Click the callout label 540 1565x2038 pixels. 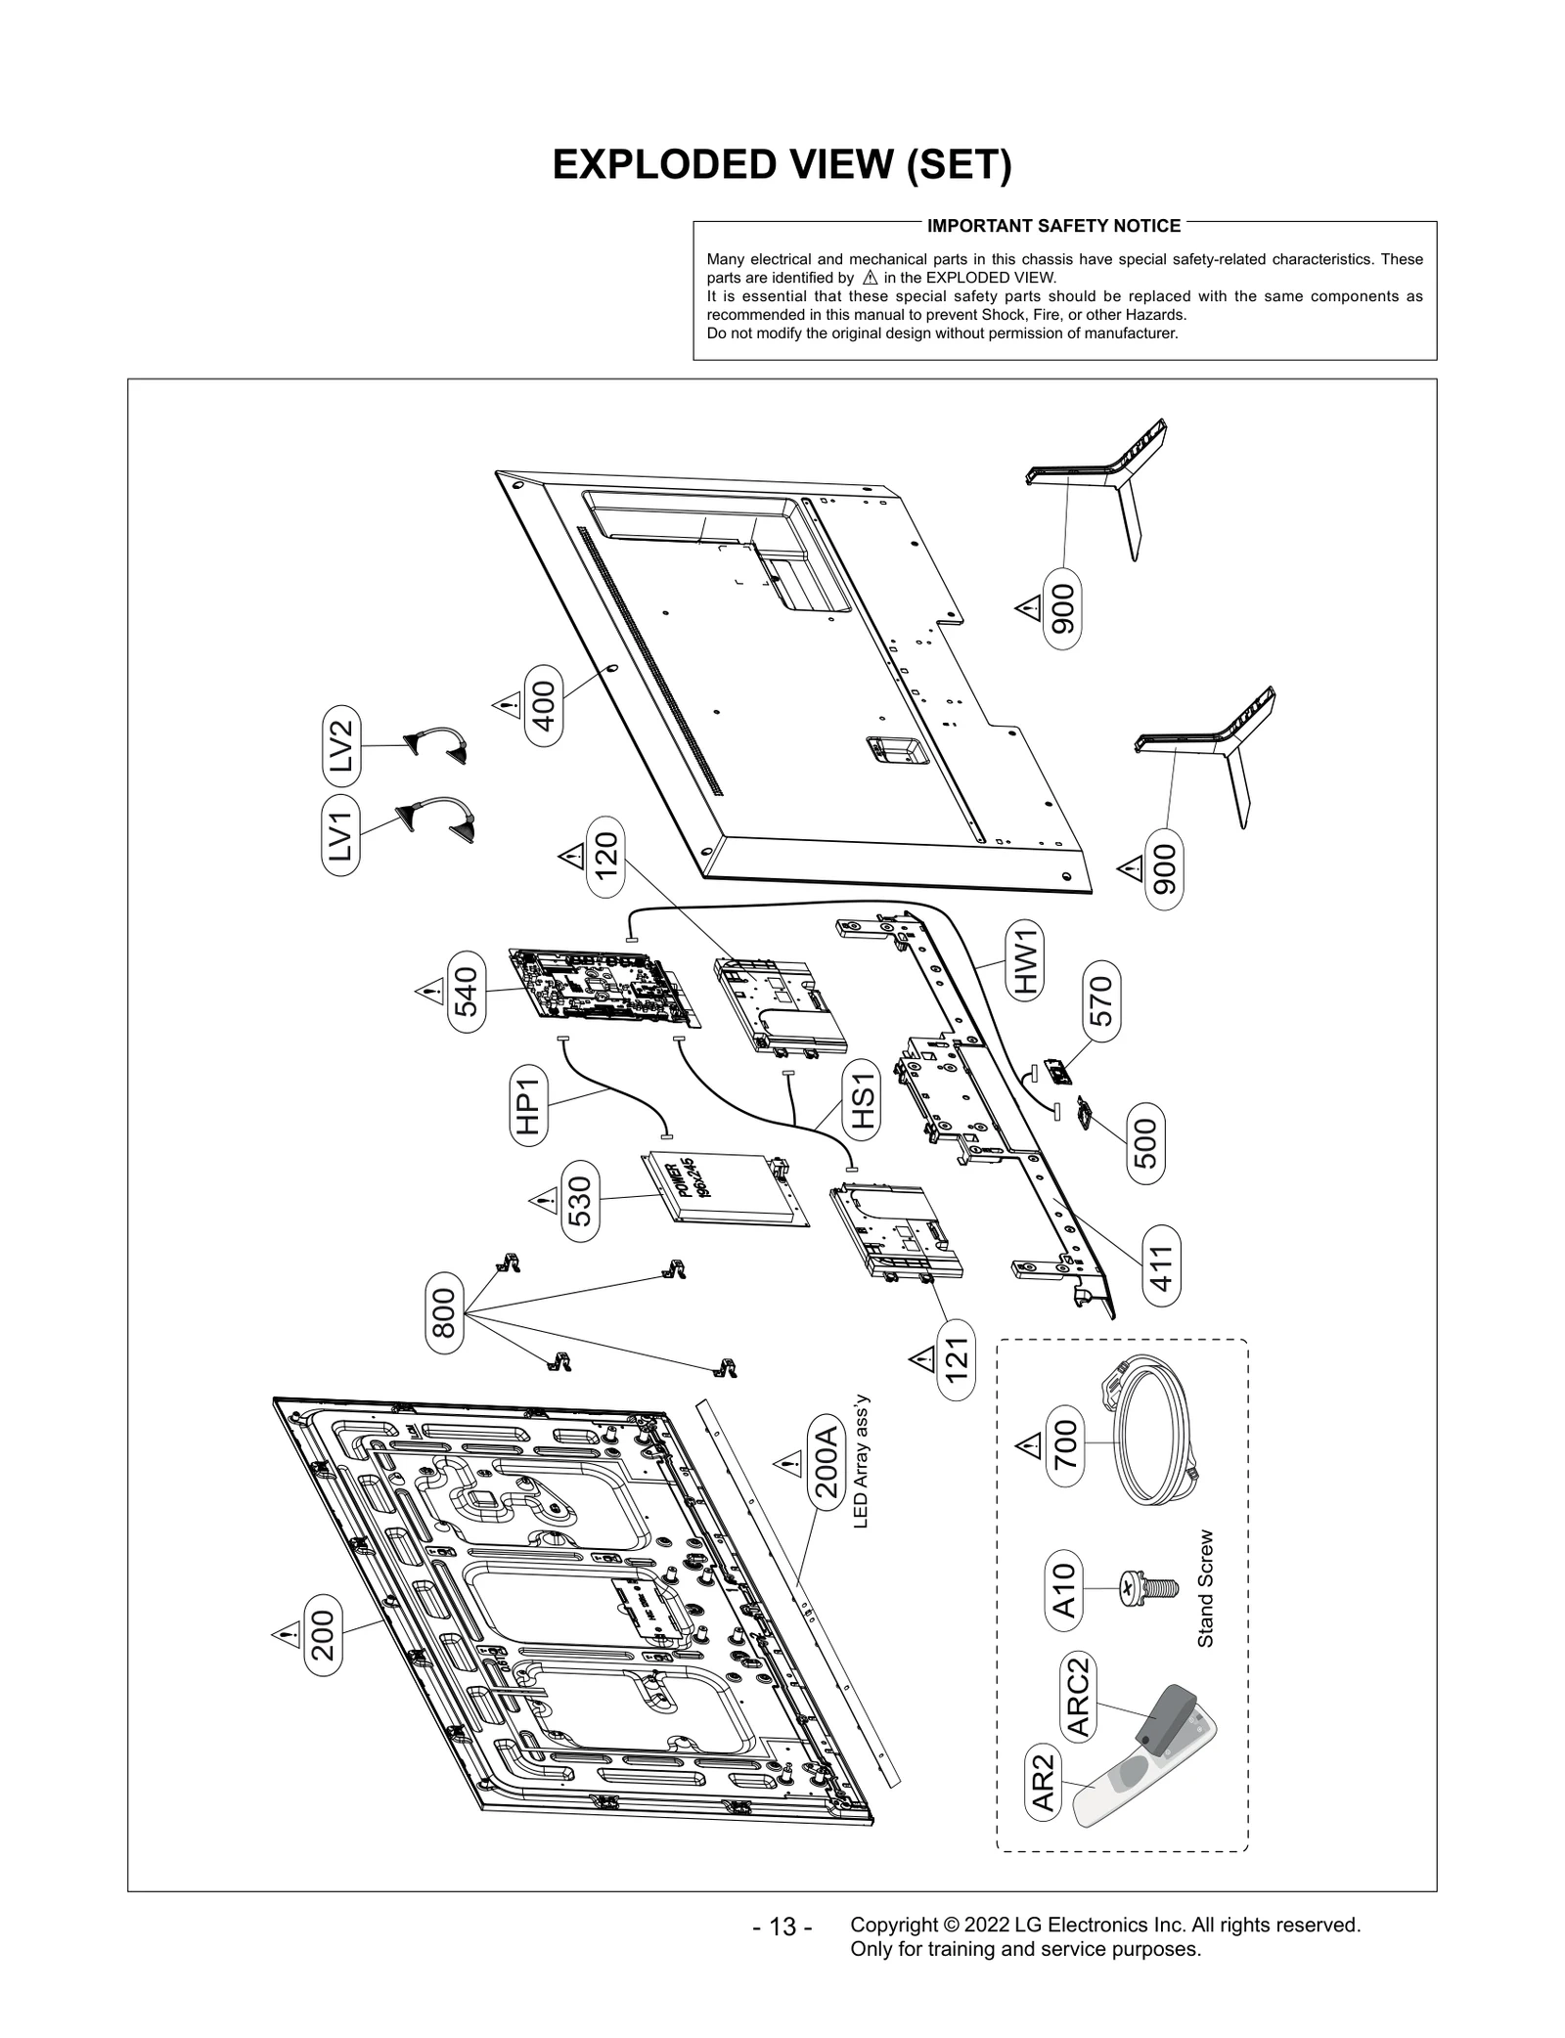pyautogui.click(x=468, y=991)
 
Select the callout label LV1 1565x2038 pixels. pyautogui.click(x=340, y=835)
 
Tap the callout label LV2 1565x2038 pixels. pyautogui.click(x=340, y=745)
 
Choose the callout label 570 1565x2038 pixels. pyautogui.click(x=1102, y=1000)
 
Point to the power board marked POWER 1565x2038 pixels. pyautogui.click(x=724, y=1186)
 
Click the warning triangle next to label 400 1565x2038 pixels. pyautogui.click(x=505, y=705)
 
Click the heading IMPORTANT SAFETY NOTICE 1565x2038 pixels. pyautogui.click(x=1053, y=226)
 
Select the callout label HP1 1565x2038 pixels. pyautogui.click(x=528, y=1104)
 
